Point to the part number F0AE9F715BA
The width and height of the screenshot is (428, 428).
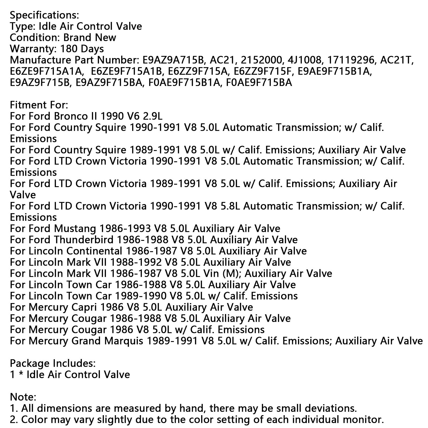(x=259, y=83)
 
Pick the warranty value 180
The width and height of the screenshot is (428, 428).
(x=71, y=49)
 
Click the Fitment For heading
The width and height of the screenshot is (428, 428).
(x=39, y=105)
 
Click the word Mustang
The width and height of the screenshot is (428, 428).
(x=75, y=229)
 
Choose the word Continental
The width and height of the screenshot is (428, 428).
(x=94, y=251)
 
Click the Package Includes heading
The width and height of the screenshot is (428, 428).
(x=52, y=364)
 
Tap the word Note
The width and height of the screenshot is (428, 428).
(x=23, y=397)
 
